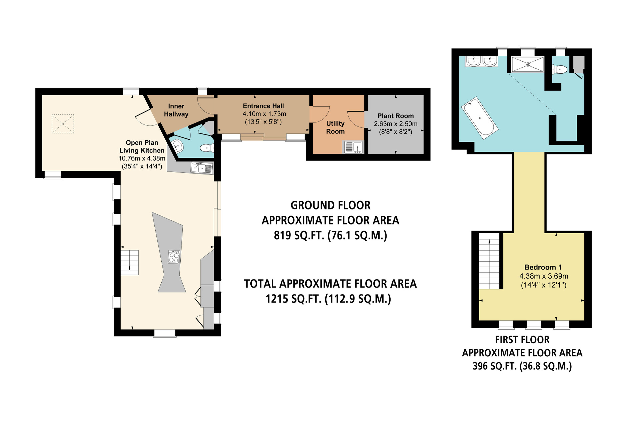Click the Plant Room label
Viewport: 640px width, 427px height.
pyautogui.click(x=395, y=116)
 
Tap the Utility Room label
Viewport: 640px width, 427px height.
pyautogui.click(x=335, y=127)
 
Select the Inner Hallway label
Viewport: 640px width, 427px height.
pyautogui.click(x=176, y=110)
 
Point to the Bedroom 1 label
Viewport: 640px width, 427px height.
pyautogui.click(x=543, y=267)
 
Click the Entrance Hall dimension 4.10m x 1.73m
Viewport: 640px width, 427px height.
pyautogui.click(x=264, y=114)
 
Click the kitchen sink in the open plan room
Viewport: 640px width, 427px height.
pyautogui.click(x=202, y=168)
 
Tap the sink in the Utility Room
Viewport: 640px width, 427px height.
pyautogui.click(x=353, y=147)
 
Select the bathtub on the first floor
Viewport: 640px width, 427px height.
pyautogui.click(x=480, y=118)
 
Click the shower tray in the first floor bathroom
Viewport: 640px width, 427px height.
pyautogui.click(x=528, y=64)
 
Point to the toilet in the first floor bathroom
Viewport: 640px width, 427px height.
pyautogui.click(x=560, y=70)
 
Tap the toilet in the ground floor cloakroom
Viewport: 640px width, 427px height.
pyautogui.click(x=207, y=148)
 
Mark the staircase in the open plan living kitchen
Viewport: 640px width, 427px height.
pyautogui.click(x=129, y=263)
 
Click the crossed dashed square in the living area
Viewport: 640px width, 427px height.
pyautogui.click(x=63, y=124)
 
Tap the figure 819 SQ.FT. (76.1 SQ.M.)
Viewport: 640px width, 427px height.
pyautogui.click(x=330, y=236)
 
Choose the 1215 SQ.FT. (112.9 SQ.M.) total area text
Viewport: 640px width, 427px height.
pyautogui.click(x=328, y=299)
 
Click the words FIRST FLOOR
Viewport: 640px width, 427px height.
pyautogui.click(x=522, y=340)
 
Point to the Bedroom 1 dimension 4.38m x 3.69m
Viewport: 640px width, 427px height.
pyautogui.click(x=544, y=276)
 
